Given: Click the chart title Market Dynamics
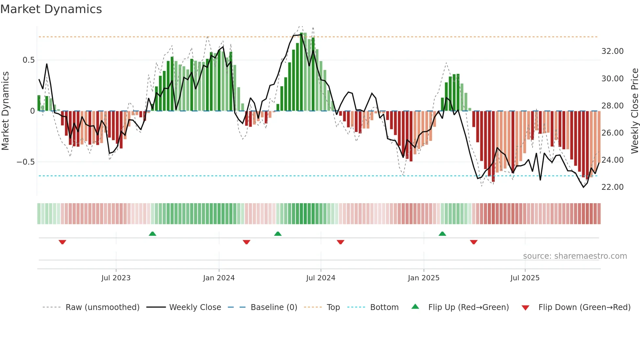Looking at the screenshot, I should [51, 9].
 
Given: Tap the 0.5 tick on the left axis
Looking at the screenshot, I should [28, 60].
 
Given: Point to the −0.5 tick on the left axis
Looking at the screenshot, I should [26, 162].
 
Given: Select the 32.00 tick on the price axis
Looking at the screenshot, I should [612, 51].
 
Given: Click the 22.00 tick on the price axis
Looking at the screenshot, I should [612, 187].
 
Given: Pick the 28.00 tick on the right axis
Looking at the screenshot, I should [612, 106].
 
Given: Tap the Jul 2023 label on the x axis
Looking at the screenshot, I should [116, 278].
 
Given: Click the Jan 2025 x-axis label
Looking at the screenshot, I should [424, 278].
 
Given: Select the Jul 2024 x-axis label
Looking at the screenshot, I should [321, 278].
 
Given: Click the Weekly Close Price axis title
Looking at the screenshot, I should [634, 111].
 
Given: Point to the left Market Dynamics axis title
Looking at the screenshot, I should [5, 111].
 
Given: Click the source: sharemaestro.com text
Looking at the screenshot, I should [575, 256].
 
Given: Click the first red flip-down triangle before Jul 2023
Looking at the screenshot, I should [62, 242].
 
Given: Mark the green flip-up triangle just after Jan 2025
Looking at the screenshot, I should [442, 234].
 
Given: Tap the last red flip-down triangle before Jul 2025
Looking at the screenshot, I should [473, 242].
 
